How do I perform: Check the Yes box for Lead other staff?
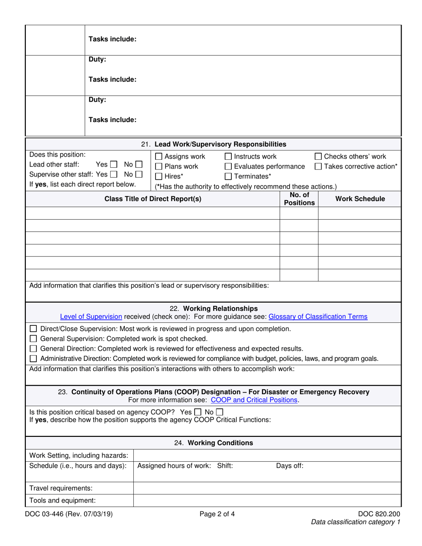click(x=113, y=164)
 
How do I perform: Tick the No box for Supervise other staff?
click(x=139, y=174)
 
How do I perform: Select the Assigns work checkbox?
click(x=159, y=157)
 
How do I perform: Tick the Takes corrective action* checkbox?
click(x=318, y=167)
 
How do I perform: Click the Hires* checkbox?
click(x=159, y=177)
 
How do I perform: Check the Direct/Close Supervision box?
click(x=33, y=329)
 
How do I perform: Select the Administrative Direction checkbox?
click(x=33, y=359)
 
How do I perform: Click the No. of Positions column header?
click(x=299, y=199)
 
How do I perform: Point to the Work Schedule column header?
click(x=360, y=199)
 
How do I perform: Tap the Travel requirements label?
click(x=61, y=488)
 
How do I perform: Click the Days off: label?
click(x=290, y=466)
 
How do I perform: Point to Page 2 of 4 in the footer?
click(x=217, y=515)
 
